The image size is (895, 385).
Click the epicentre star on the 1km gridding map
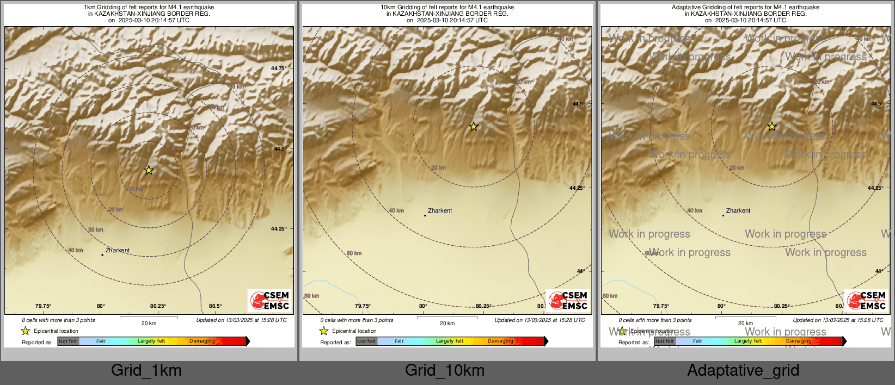click(149, 170)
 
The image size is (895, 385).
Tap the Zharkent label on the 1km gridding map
click(118, 251)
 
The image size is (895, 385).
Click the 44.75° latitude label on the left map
click(278, 69)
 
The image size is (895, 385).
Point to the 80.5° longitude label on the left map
click(216, 306)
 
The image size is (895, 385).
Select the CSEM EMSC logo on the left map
click(269, 300)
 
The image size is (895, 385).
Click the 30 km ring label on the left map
click(96, 230)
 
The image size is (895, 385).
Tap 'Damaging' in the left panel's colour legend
click(202, 341)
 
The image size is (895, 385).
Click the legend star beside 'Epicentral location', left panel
click(26, 331)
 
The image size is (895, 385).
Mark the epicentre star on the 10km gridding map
click(474, 127)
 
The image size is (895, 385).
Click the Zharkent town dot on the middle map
click(425, 215)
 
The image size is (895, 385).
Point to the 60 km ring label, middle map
click(354, 253)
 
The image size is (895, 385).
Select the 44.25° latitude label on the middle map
click(577, 188)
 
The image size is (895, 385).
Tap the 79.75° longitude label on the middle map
click(363, 306)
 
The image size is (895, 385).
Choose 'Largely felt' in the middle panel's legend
click(450, 341)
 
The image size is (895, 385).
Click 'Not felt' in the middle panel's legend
click(366, 341)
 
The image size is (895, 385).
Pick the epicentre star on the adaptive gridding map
click(772, 127)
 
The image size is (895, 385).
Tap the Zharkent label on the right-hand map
click(738, 211)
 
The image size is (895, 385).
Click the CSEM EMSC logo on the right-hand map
click(866, 300)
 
